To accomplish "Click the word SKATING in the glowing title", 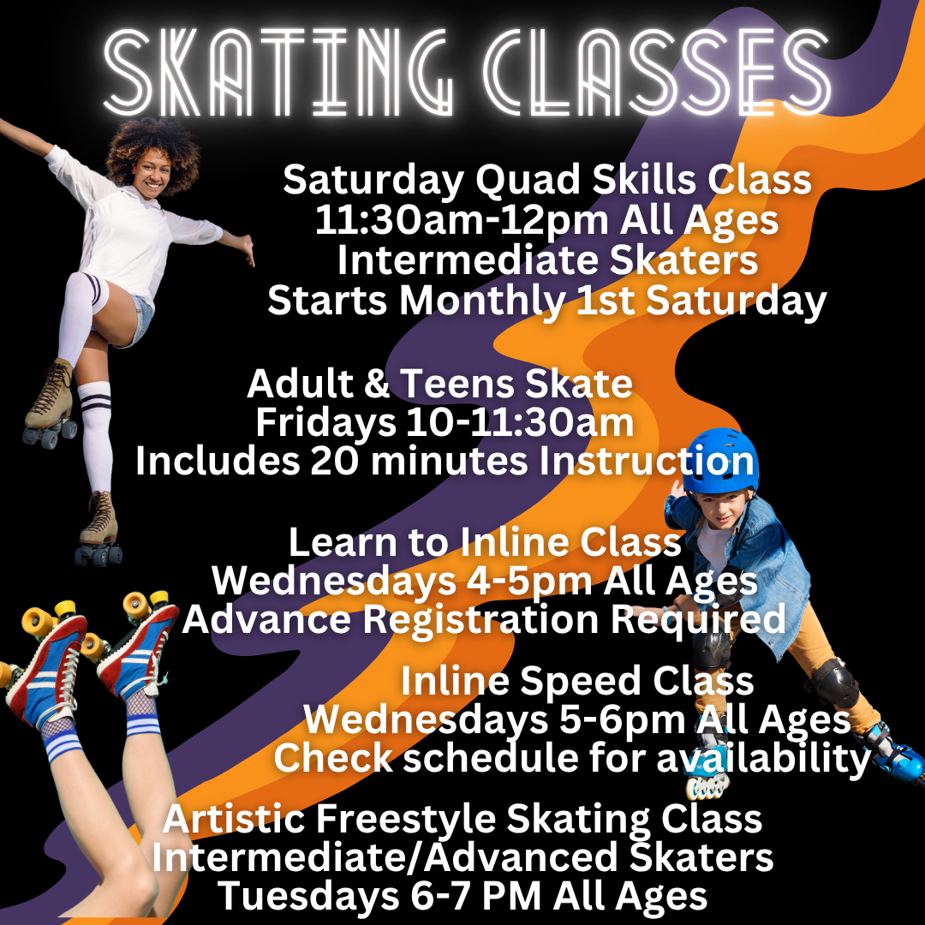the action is click(278, 72).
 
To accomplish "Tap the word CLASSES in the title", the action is click(657, 72).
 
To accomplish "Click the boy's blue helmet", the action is click(720, 460).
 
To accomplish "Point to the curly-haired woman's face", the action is click(152, 173).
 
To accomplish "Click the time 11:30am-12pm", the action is click(462, 221).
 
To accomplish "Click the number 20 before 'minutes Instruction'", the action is click(334, 461).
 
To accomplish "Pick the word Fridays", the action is click(325, 423).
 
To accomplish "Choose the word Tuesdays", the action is click(309, 897).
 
